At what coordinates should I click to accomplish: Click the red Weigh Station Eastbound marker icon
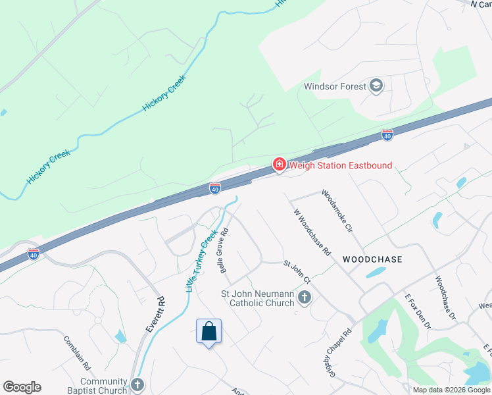click(279, 164)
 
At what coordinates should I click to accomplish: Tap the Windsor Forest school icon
click(376, 86)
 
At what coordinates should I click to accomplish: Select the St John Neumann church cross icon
click(304, 298)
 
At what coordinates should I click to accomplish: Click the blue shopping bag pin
click(209, 331)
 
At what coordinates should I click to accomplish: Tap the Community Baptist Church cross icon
click(137, 384)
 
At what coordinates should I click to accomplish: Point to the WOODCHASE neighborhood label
click(372, 259)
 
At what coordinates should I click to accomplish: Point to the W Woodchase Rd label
click(311, 234)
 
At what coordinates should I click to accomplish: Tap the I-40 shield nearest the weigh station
click(214, 188)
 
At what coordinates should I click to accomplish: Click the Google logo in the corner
click(22, 387)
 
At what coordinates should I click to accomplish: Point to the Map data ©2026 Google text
click(451, 390)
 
